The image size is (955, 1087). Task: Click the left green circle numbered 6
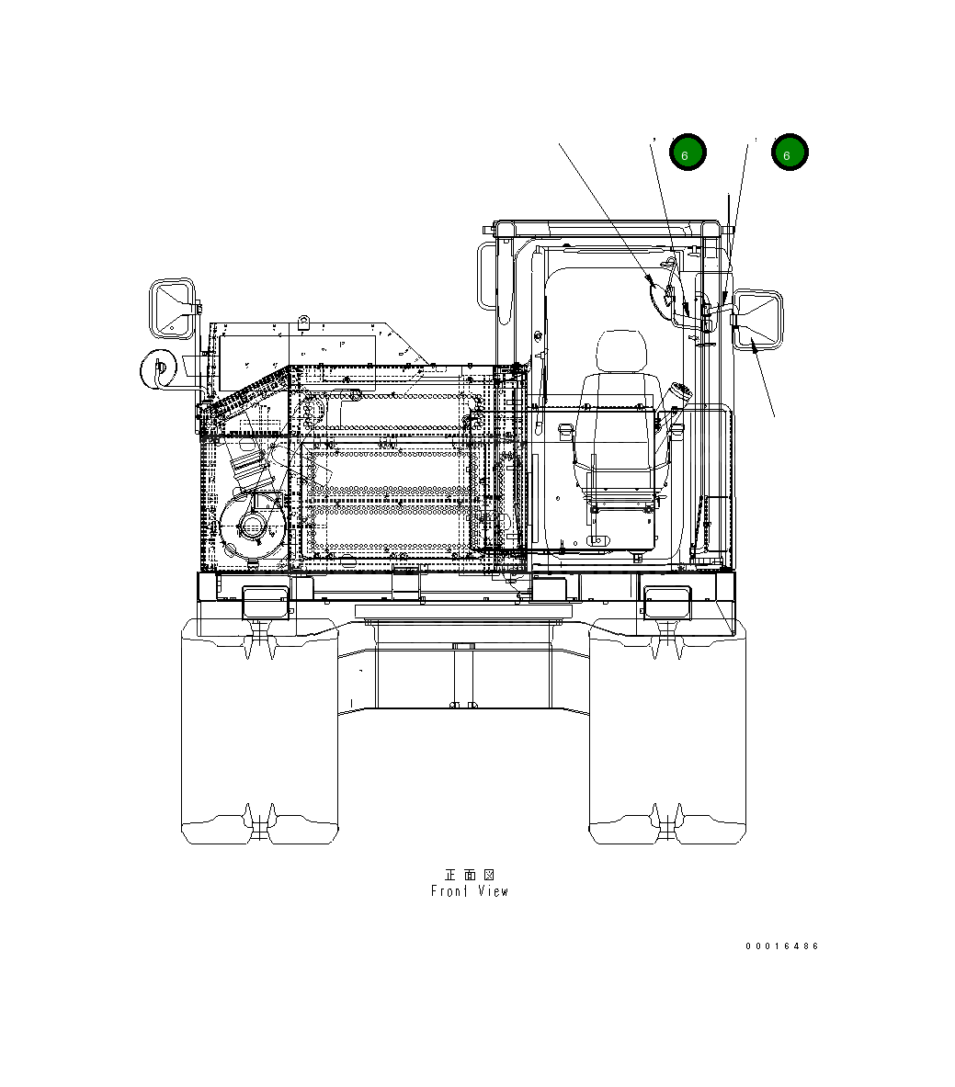(687, 153)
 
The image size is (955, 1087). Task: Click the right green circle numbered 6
(789, 153)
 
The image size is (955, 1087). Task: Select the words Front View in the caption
(469, 891)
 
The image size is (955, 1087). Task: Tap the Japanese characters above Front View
(469, 874)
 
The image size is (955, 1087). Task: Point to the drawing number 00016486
(781, 946)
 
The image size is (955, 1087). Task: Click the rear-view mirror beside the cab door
(759, 319)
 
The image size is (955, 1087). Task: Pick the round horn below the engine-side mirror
(158, 369)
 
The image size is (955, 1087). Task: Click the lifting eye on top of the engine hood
(303, 323)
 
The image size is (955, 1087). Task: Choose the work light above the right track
(667, 601)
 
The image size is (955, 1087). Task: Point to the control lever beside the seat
(679, 398)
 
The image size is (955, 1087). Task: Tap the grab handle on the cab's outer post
(487, 276)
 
